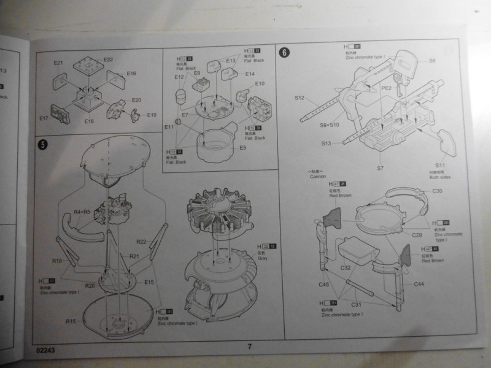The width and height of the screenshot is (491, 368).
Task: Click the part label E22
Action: point(108,59)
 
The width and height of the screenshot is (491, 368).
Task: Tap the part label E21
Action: point(58,63)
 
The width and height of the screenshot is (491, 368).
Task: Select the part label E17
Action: point(44,118)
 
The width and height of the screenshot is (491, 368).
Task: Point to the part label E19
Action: point(152,115)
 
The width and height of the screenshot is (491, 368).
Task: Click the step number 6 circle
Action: point(284,52)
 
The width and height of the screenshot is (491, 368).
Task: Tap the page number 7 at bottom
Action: point(250,347)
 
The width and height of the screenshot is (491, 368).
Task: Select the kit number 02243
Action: point(46,351)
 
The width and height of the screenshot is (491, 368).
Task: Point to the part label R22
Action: point(141,241)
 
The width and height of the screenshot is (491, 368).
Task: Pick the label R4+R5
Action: point(83,212)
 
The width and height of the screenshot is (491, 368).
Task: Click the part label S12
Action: point(300,98)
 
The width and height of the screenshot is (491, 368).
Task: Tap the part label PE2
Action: point(387,88)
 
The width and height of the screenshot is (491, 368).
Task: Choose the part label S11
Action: point(440,166)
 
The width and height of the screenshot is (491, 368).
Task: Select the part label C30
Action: point(438,191)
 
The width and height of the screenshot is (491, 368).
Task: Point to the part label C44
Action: point(419,284)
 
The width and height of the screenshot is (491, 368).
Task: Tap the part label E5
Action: point(243,147)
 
